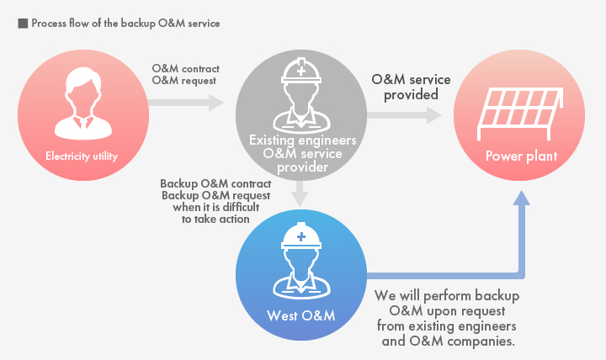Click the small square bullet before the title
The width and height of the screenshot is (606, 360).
point(23,24)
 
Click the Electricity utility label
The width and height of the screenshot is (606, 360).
point(82,156)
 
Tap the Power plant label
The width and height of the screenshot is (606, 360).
point(521,156)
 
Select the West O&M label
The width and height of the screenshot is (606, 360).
point(300,316)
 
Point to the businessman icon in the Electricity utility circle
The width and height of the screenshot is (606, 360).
point(83,103)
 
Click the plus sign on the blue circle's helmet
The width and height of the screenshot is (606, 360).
point(301,236)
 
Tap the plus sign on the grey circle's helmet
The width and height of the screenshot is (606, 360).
point(301,71)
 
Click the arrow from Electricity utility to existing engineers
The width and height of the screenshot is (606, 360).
point(186,103)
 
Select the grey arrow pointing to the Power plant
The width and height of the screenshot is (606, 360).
point(404,115)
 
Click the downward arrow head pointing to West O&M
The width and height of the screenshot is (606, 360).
point(300,199)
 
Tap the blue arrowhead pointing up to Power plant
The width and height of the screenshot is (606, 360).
point(522,198)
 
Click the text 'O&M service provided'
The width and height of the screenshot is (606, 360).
point(411,87)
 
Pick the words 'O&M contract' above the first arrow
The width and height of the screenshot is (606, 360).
point(185,69)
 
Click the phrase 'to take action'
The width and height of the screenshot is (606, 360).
point(215,219)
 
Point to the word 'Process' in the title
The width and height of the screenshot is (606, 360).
point(49,24)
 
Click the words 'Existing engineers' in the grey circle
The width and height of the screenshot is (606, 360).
point(303,140)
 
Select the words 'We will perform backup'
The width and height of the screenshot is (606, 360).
point(447,296)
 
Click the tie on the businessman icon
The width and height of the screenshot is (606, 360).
point(83,124)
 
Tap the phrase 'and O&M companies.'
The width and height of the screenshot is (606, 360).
point(449,341)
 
